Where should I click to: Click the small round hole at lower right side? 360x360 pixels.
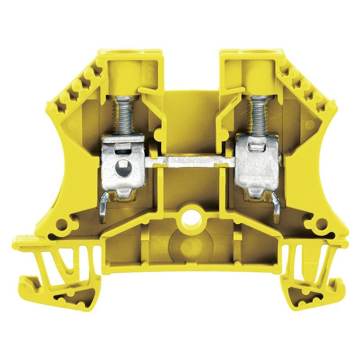[x=322, y=223]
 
